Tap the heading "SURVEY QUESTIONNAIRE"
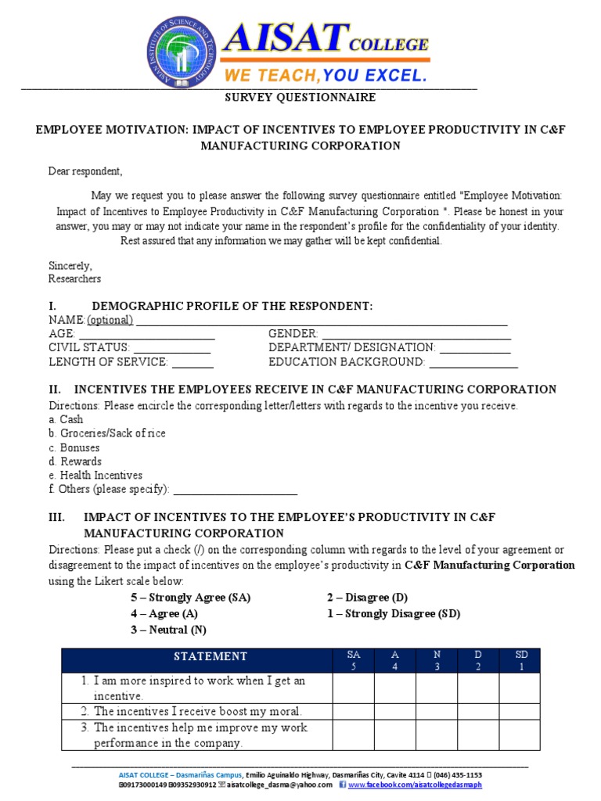[x=300, y=98]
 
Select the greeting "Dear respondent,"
[x=85, y=171]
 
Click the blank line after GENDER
[x=416, y=334]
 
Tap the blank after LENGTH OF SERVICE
[x=193, y=363]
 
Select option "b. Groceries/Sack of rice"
[x=106, y=433]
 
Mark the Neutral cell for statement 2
[x=436, y=712]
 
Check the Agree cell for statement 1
[x=394, y=688]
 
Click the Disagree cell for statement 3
[x=478, y=735]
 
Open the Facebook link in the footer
[x=415, y=785]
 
